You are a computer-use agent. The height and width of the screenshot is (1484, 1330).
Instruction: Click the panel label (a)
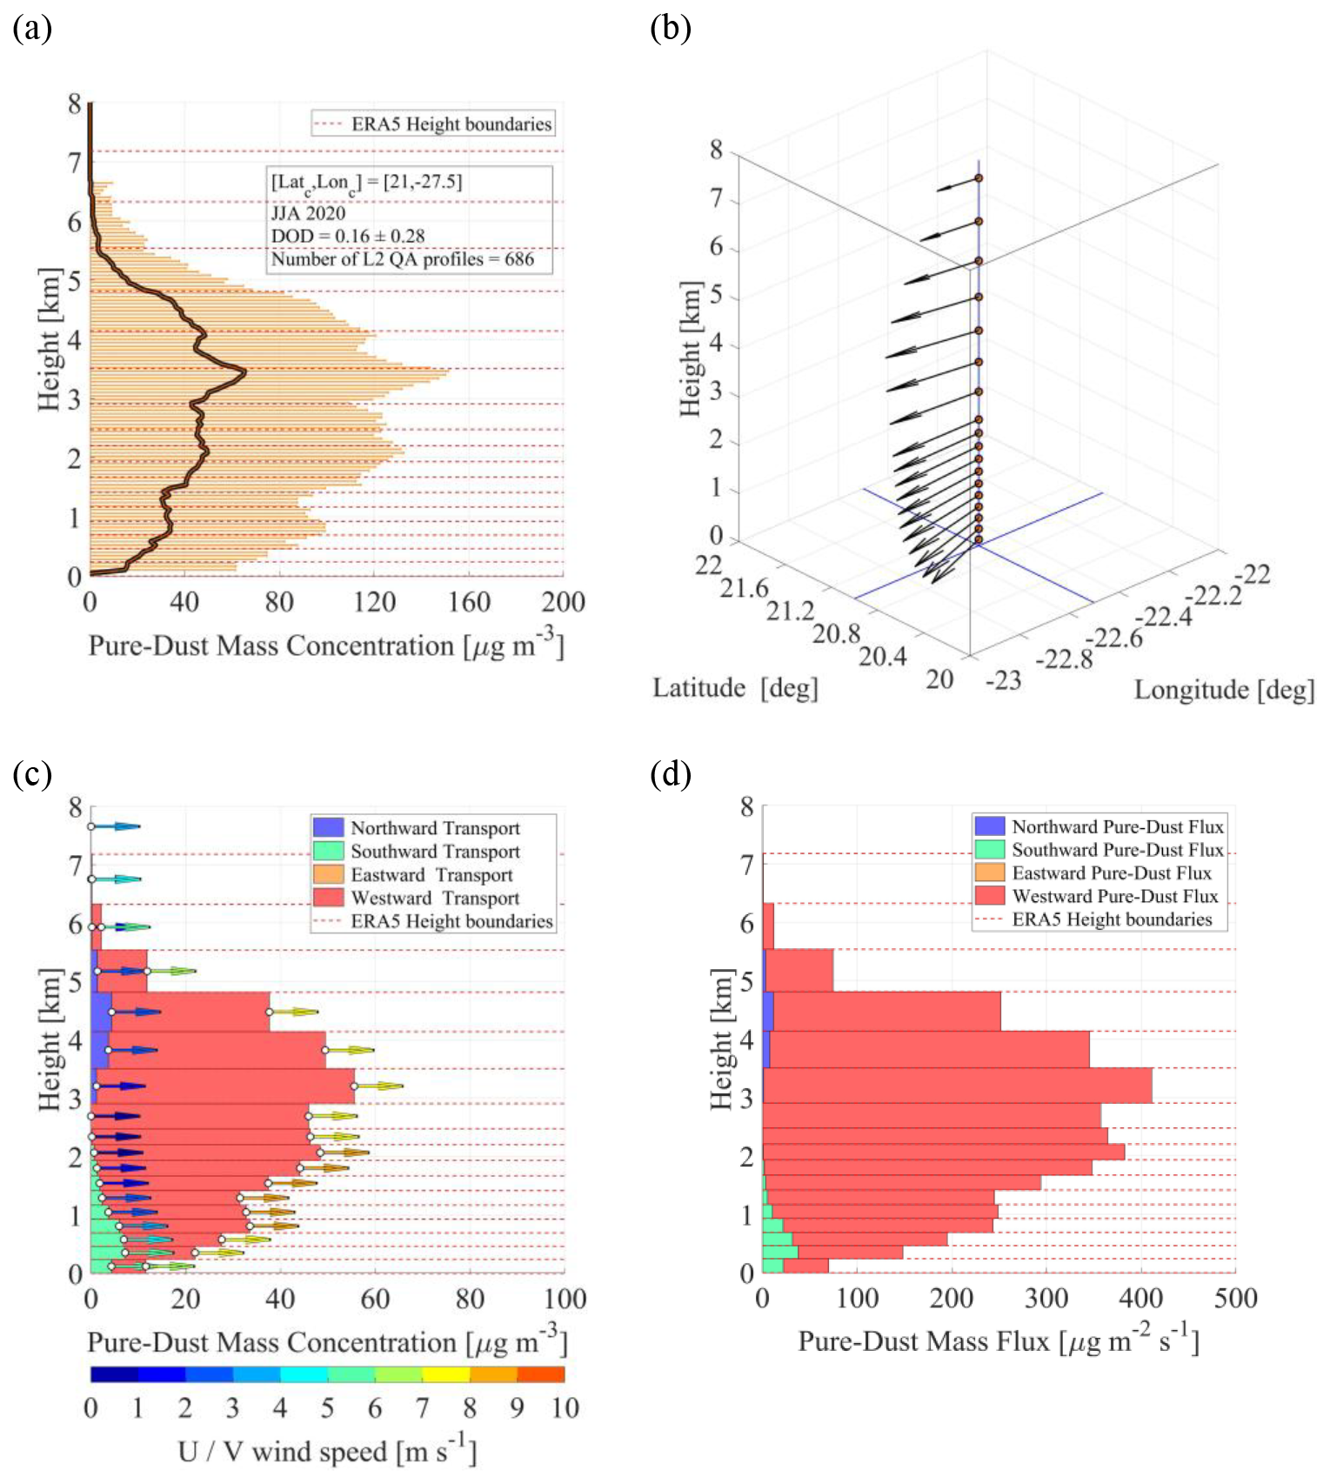[x=32, y=29]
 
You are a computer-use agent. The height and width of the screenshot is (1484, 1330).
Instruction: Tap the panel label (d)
[x=670, y=773]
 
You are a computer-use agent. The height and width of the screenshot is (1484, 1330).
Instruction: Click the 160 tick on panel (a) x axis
[x=469, y=602]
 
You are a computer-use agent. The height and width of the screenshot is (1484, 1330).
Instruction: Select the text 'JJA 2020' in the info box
[x=308, y=213]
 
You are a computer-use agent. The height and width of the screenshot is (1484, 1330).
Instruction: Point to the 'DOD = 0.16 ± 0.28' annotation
[x=348, y=236]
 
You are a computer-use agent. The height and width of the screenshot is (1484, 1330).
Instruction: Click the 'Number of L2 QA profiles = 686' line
[x=402, y=259]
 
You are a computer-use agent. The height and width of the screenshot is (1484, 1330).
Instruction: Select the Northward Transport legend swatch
[x=328, y=827]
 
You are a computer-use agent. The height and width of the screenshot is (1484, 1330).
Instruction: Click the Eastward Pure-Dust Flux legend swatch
[x=990, y=872]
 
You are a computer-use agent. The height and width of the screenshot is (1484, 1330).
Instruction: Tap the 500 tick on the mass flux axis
[x=1235, y=1299]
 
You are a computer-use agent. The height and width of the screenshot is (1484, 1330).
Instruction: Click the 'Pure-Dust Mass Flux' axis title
[x=999, y=1341]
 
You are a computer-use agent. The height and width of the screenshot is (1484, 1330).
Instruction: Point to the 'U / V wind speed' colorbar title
[x=327, y=1452]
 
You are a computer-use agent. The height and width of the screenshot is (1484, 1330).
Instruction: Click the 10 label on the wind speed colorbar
[x=565, y=1407]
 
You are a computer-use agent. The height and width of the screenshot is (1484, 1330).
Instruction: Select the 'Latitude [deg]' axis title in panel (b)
[x=735, y=688]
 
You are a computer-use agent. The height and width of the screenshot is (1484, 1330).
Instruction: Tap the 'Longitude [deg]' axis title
[x=1224, y=690]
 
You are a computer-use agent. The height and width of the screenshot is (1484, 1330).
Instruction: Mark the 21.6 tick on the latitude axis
[x=744, y=589]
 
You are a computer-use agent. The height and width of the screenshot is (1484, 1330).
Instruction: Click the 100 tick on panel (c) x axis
[x=565, y=1300]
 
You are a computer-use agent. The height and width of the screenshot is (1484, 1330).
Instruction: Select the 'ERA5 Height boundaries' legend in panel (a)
[x=433, y=124]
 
